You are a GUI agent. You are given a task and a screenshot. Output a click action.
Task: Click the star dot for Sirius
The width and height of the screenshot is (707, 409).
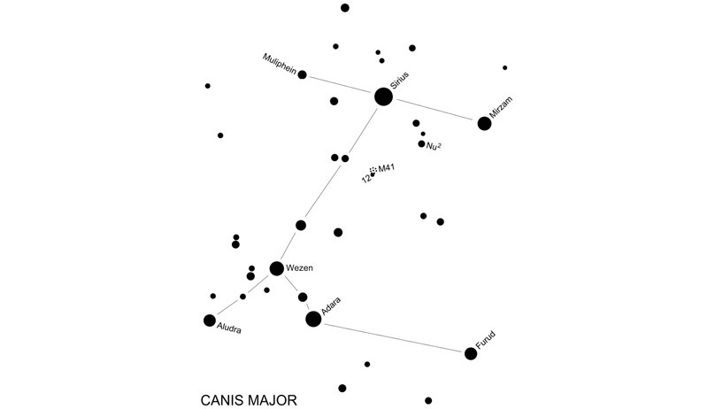coord(383,96)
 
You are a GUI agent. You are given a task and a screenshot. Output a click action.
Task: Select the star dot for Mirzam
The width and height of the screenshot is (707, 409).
coord(484,123)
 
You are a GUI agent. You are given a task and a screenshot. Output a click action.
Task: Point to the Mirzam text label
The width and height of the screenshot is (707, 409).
coord(500,109)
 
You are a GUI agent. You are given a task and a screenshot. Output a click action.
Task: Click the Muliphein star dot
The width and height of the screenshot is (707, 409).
coord(303,75)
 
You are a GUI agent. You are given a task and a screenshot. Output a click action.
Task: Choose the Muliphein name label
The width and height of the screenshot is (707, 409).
coord(280,63)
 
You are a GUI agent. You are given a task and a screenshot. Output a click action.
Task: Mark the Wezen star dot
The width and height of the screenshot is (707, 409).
coord(277,268)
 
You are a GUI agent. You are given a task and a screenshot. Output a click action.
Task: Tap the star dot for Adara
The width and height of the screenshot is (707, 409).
coord(313,319)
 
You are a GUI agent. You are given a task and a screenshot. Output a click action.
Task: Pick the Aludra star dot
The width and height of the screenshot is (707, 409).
coord(210,320)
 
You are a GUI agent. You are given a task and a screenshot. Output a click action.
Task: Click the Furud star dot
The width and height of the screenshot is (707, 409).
coord(471,353)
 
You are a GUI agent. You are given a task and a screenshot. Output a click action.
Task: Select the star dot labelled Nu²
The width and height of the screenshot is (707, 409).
coord(422,143)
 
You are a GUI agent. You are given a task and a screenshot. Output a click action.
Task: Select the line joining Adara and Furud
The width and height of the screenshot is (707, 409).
coord(392,336)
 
